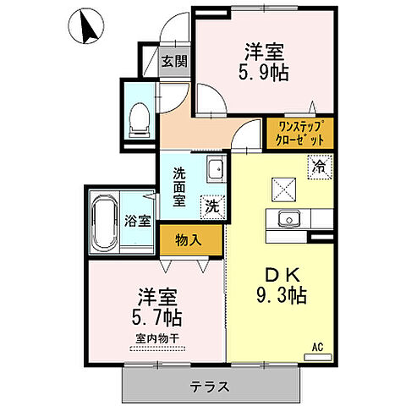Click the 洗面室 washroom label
[x=179, y=186]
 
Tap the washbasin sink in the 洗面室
[x=215, y=167]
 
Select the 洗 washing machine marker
[x=211, y=204]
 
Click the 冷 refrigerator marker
[x=320, y=166]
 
